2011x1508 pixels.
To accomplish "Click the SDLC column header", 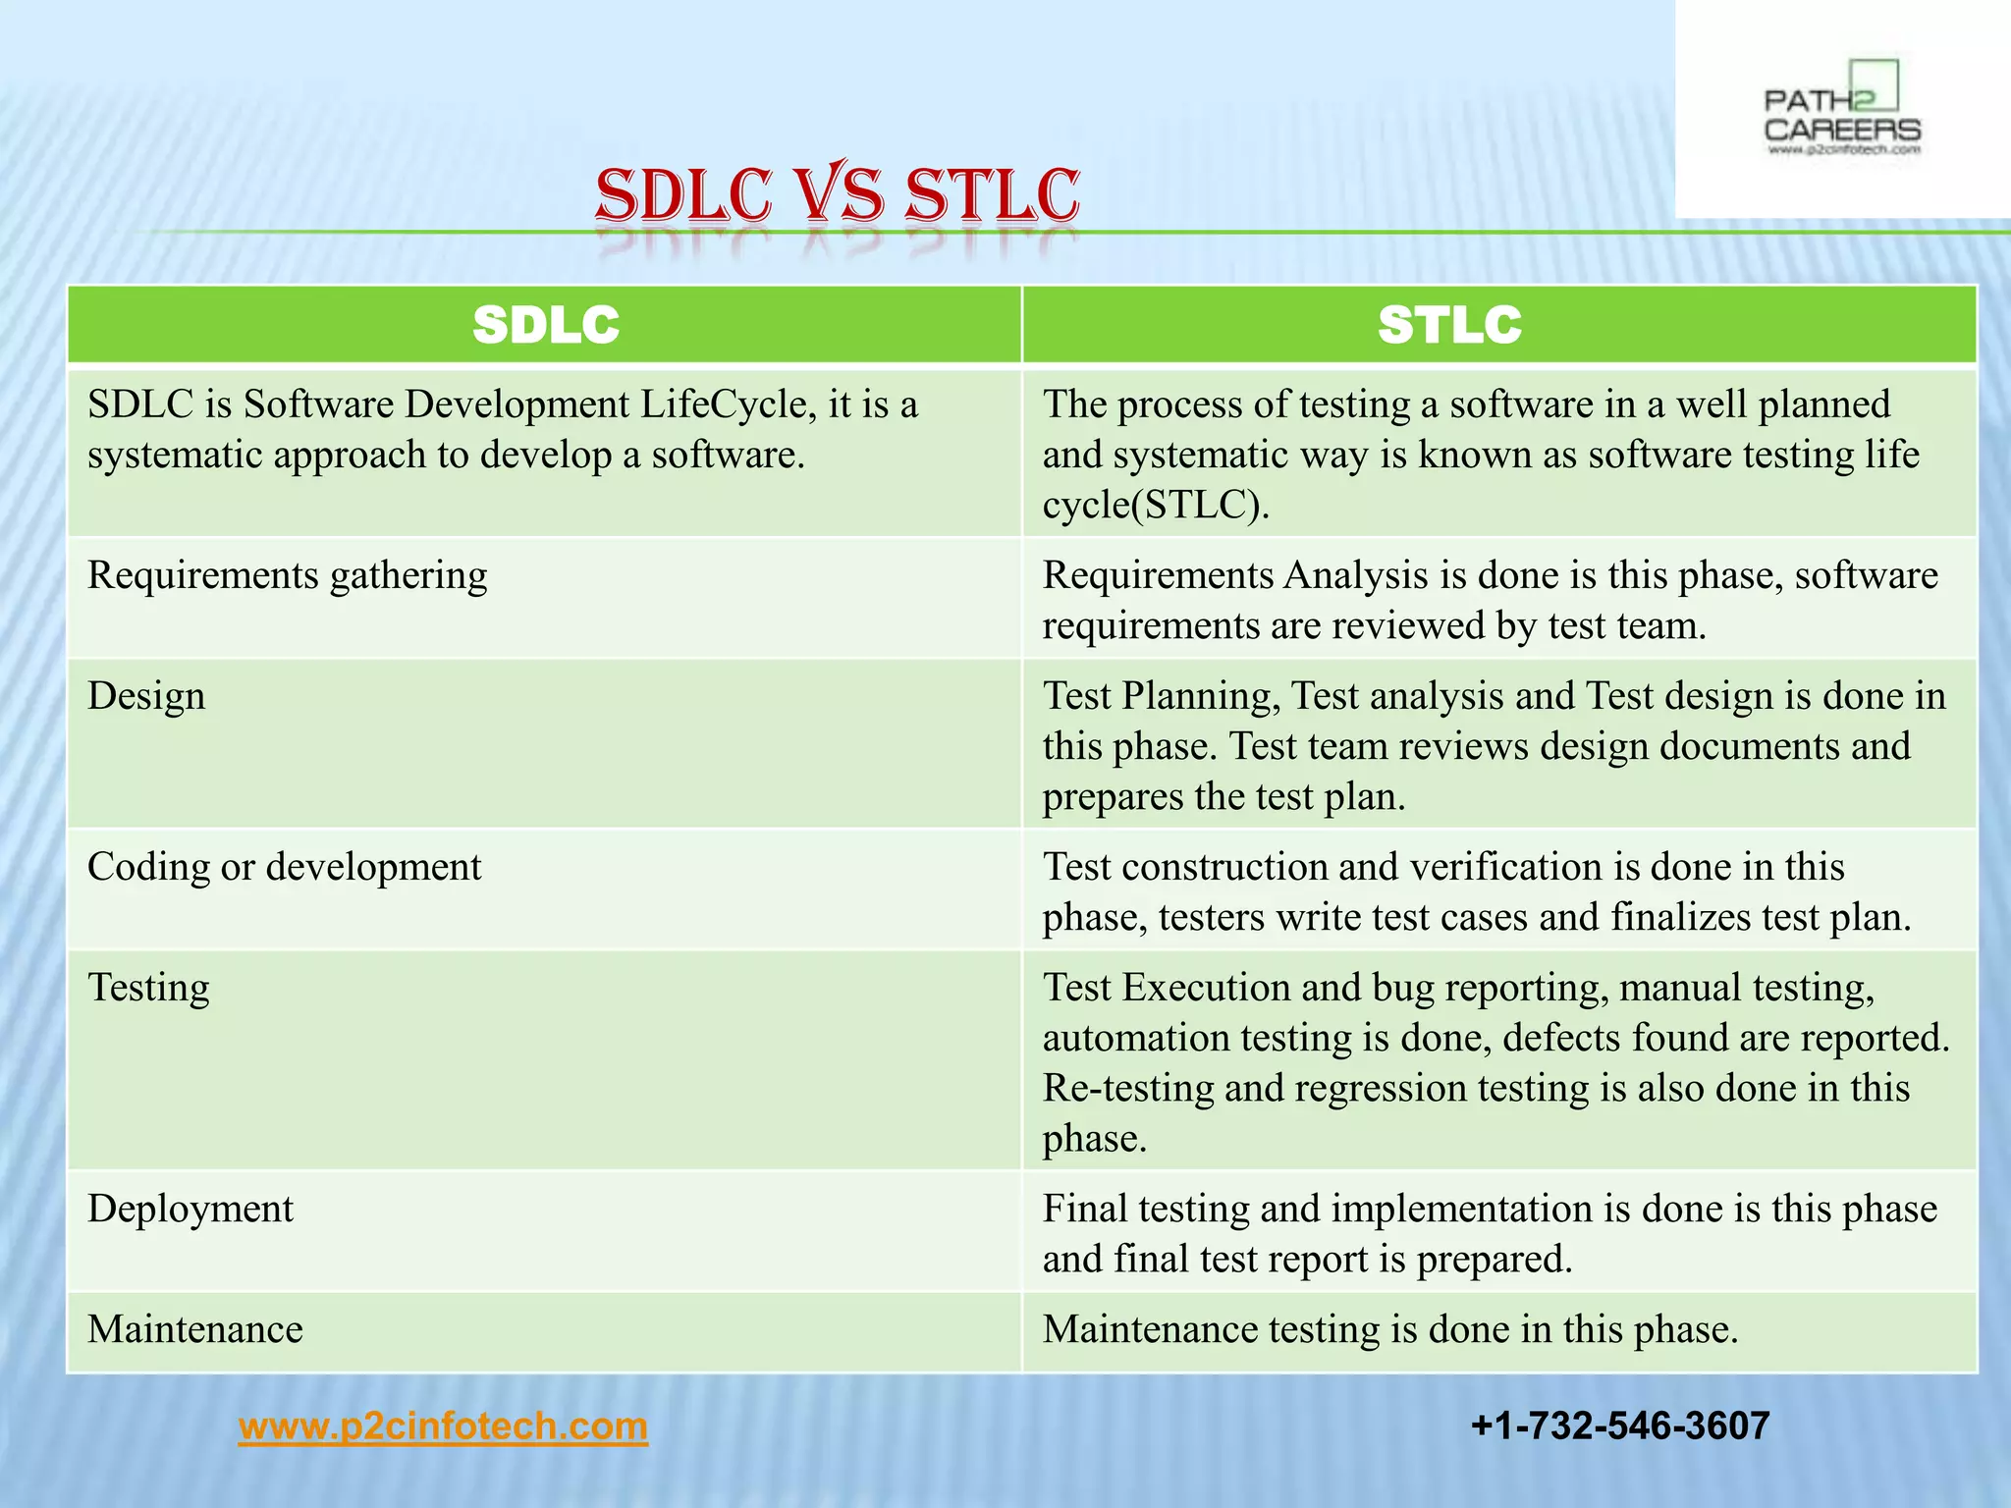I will click(x=545, y=325).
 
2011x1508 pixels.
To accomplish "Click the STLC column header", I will click(x=1449, y=325).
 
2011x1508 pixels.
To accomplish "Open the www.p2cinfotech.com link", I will click(x=443, y=1426).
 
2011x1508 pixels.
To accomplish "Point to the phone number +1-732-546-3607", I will click(x=1620, y=1426).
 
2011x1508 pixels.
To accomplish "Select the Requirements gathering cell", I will click(x=288, y=575).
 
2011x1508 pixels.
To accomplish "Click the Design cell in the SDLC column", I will click(x=146, y=696).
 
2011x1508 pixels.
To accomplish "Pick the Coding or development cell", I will click(x=285, y=867).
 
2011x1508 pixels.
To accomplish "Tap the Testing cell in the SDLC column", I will click(x=148, y=988).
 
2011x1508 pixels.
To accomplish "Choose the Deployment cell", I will click(x=190, y=1209).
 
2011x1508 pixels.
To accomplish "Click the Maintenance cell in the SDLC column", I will click(x=195, y=1329).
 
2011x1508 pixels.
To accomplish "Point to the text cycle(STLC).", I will click(x=1156, y=505).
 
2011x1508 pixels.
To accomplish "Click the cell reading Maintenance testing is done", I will click(x=1389, y=1329).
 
